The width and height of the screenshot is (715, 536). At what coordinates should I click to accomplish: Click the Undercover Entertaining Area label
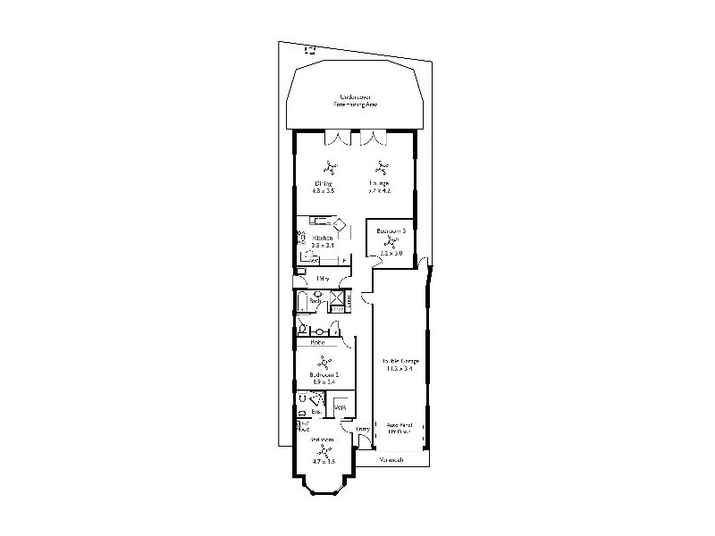point(355,101)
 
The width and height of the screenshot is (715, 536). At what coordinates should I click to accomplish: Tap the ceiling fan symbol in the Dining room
point(330,166)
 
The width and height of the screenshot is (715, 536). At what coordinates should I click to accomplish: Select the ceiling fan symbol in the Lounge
point(382,166)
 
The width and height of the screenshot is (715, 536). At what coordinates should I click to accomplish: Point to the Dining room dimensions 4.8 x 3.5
point(323,190)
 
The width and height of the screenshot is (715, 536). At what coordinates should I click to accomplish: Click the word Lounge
point(380,183)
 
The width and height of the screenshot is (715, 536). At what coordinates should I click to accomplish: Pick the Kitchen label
point(323,238)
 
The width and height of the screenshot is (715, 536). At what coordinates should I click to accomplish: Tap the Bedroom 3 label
point(391,230)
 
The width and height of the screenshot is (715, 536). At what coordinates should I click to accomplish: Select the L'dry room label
point(322,279)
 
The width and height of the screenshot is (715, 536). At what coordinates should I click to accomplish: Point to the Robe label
point(316,342)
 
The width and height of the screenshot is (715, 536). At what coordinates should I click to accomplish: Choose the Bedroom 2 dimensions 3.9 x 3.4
point(323,381)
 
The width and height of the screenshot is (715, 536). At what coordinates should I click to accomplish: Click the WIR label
point(341,408)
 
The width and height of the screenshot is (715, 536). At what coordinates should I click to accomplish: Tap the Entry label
point(363,430)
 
